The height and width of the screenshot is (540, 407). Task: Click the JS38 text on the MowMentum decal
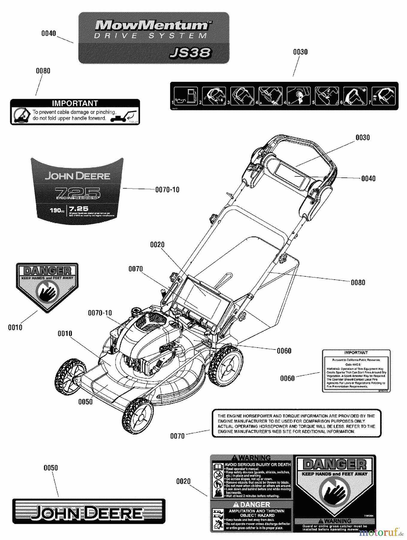coord(191,53)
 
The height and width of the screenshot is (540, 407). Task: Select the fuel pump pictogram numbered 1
coord(186,96)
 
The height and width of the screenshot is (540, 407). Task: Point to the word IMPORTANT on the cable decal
coord(75,103)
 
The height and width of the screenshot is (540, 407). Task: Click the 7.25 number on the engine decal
coord(79,208)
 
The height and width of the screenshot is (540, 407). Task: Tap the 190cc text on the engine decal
coord(57,210)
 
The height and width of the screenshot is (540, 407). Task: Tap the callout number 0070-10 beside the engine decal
coord(167,190)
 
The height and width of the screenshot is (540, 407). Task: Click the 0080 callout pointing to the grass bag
coord(358,283)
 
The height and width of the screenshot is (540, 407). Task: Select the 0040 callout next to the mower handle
coord(368,178)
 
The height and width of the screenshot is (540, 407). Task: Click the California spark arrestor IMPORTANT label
coord(356,371)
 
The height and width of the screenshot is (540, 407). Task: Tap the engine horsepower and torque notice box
coord(296,423)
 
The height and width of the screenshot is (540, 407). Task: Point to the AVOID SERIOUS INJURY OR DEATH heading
coord(257,465)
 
